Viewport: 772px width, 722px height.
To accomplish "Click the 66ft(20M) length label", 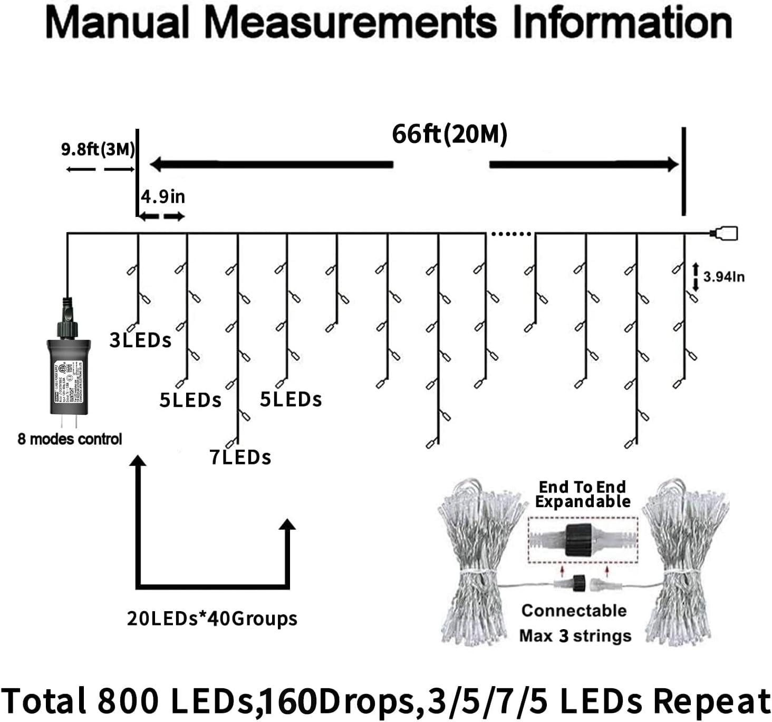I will [x=449, y=134].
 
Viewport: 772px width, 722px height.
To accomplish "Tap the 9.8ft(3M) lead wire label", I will [x=98, y=149].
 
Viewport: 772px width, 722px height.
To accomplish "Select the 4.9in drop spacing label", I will [x=163, y=197].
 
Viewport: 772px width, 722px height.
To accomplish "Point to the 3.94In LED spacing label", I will [x=723, y=277].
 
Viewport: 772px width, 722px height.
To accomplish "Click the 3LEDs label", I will [x=140, y=340].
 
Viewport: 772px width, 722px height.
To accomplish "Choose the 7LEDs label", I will [x=240, y=457].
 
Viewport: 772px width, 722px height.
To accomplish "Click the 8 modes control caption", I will [x=70, y=439].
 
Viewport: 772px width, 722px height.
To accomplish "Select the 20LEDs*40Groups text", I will [x=212, y=619].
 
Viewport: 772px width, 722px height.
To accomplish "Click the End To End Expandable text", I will [x=582, y=494].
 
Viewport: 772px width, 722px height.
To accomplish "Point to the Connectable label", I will [x=574, y=611].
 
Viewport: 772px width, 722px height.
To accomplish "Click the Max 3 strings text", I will [x=575, y=636].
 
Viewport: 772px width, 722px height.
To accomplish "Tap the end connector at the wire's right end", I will [x=725, y=233].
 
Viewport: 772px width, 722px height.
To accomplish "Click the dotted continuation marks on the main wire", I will [x=510, y=233].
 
